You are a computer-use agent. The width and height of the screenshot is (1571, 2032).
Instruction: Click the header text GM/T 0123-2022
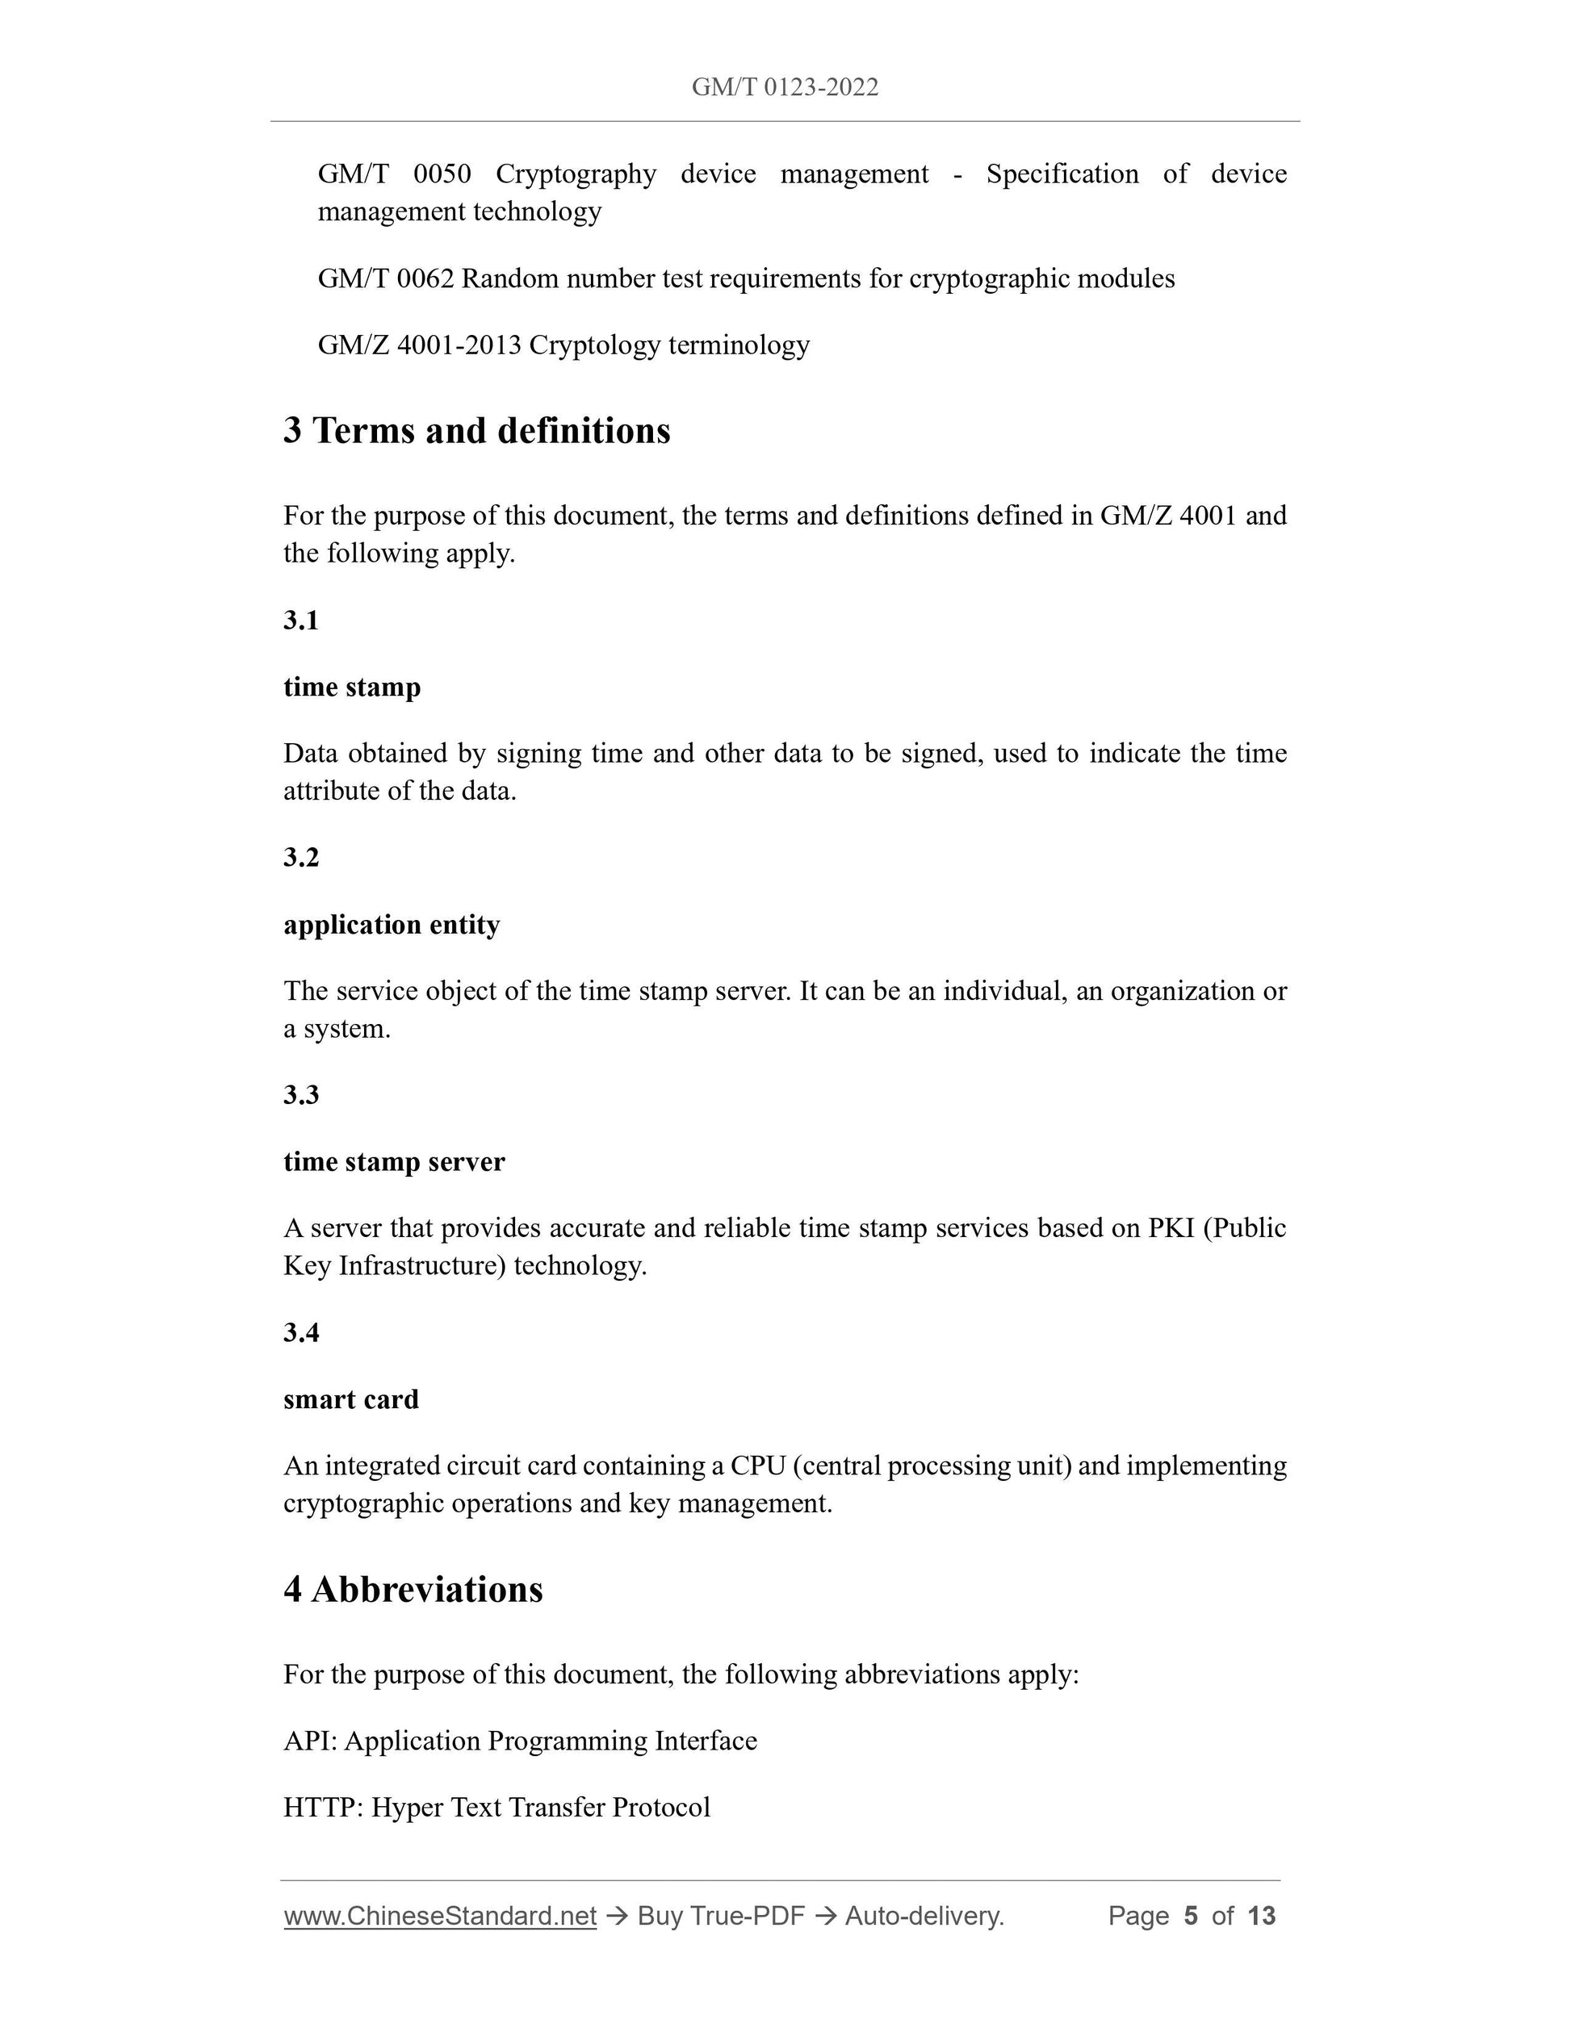pyautogui.click(x=785, y=87)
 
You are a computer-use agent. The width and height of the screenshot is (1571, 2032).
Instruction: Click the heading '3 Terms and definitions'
pyautogui.click(x=476, y=431)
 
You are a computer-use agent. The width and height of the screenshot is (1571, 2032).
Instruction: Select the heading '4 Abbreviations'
pyautogui.click(x=413, y=1590)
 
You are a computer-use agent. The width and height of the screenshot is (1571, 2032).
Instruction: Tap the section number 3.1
pyautogui.click(x=300, y=621)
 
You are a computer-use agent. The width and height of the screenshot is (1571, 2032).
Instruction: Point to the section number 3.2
pyautogui.click(x=300, y=858)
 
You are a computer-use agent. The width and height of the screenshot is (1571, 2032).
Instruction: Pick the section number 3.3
pyautogui.click(x=300, y=1095)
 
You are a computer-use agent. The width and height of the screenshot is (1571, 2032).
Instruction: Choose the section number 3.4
pyautogui.click(x=300, y=1333)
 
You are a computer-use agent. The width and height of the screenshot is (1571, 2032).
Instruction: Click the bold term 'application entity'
pyautogui.click(x=391, y=925)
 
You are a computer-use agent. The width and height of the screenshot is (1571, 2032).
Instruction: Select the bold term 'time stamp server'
pyautogui.click(x=394, y=1162)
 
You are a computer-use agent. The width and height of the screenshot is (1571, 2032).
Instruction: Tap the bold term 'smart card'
pyautogui.click(x=351, y=1399)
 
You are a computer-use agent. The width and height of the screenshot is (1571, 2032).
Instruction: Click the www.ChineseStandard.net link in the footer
pyautogui.click(x=439, y=1916)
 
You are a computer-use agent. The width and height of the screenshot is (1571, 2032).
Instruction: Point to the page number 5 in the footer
pyautogui.click(x=1190, y=1916)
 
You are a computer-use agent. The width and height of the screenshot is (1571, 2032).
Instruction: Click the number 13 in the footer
pyautogui.click(x=1261, y=1916)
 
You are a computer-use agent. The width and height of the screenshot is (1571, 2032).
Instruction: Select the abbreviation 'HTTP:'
pyautogui.click(x=323, y=1808)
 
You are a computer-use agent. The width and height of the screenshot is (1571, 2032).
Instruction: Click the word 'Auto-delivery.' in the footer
pyautogui.click(x=924, y=1916)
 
